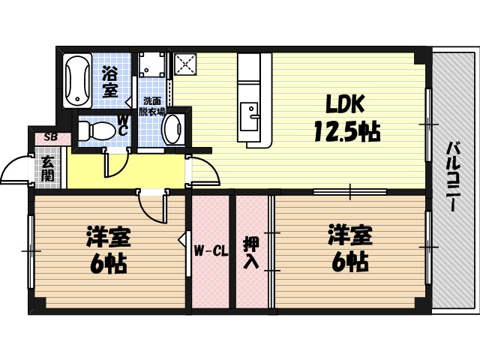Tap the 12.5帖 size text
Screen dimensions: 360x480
tap(346, 133)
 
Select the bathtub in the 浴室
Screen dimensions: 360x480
tap(77, 81)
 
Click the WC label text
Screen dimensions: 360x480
tap(122, 126)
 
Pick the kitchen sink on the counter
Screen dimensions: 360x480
tap(251, 115)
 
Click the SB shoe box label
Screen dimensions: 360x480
tap(50, 137)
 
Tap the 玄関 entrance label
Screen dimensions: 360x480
tap(47, 169)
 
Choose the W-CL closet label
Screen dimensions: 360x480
tap(211, 250)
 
